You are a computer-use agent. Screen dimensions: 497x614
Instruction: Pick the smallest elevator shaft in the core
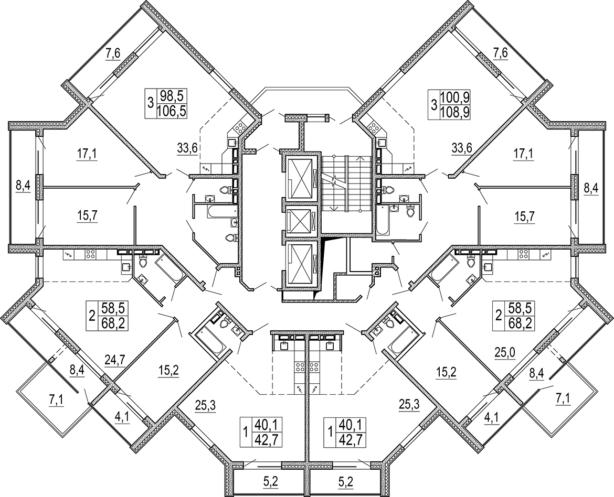coord(299,221)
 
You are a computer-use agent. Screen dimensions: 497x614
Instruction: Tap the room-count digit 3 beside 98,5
coord(150,103)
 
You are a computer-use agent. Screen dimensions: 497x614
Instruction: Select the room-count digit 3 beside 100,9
coord(433,103)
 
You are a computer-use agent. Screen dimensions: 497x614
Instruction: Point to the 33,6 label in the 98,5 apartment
coord(187,148)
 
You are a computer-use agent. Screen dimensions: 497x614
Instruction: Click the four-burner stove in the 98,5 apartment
coord(239,126)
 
